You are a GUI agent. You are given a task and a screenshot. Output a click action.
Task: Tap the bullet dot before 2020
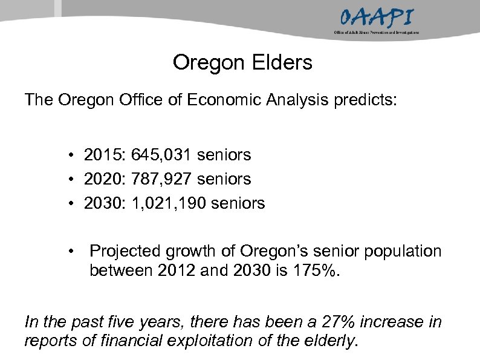tap(71, 180)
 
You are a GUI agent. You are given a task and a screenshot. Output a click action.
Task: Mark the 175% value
tap(320, 269)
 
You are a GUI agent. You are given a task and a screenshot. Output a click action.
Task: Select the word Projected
tap(126, 251)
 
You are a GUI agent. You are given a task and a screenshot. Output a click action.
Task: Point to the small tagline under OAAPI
tap(376, 31)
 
